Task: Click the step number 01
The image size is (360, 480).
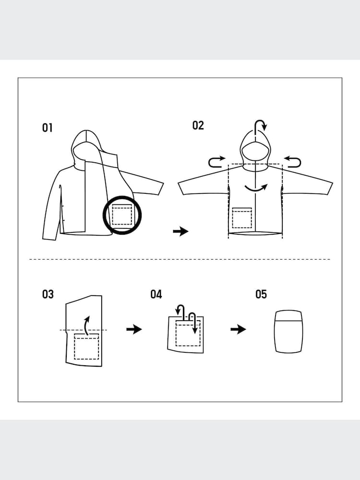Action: point(47,128)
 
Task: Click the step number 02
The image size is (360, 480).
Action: point(198,125)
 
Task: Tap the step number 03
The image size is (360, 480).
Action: point(48,294)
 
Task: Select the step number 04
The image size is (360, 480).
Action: point(156,294)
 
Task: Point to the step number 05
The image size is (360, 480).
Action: point(261,294)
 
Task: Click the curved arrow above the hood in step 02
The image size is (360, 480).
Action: point(261,126)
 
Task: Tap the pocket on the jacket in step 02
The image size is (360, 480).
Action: point(242,218)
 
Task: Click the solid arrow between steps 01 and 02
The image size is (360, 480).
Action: point(180,231)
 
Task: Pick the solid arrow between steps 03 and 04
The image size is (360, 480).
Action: point(134,329)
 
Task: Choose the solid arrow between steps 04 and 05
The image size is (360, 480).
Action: point(238,329)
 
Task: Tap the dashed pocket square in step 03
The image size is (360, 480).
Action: point(86,346)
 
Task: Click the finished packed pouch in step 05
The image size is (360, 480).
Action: point(289,332)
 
